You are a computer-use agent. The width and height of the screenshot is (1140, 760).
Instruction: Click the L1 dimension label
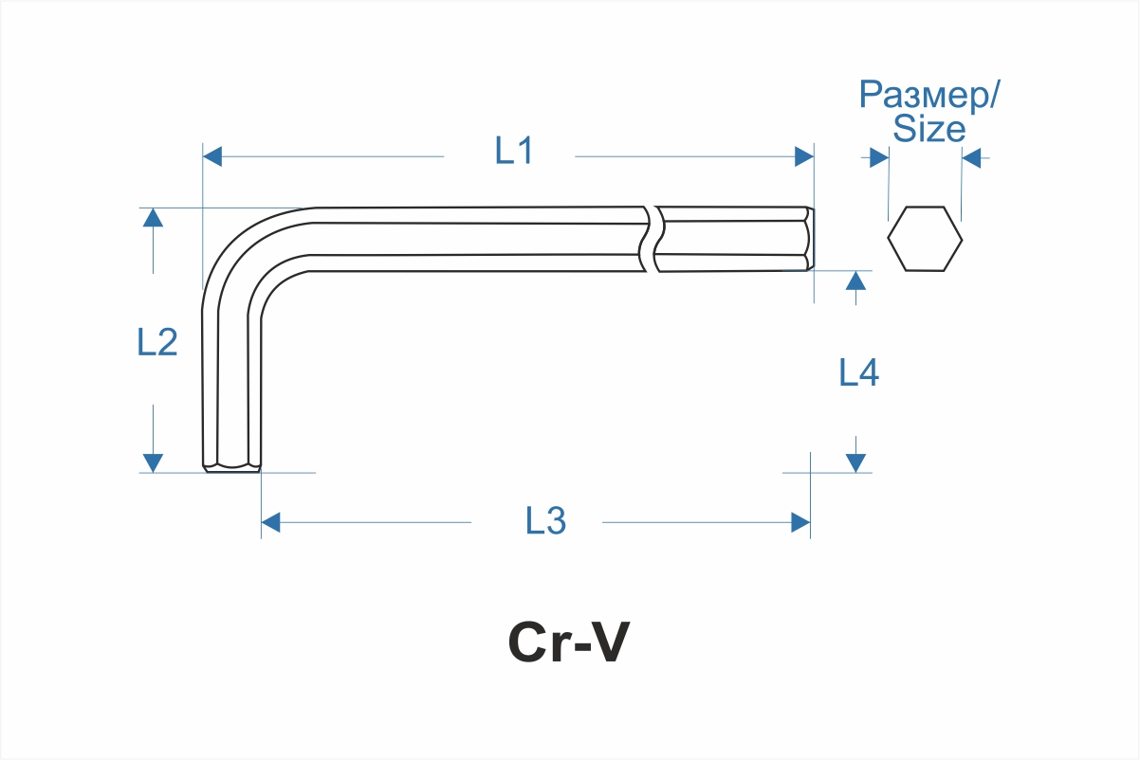tap(514, 152)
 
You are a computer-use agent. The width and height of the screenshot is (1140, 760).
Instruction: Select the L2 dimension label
tap(157, 342)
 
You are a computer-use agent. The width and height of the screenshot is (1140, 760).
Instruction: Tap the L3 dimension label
tap(545, 520)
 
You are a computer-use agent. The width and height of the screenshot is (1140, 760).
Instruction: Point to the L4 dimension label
tap(858, 372)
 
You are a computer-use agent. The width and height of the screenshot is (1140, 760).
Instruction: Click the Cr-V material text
tap(568, 643)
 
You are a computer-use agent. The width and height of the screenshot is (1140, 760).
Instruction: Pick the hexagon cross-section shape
tap(925, 239)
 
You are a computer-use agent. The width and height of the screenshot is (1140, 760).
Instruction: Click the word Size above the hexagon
tap(929, 130)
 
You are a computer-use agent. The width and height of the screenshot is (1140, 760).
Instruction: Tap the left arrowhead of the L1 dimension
tap(213, 156)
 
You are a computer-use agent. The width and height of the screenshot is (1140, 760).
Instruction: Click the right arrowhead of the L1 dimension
tap(804, 156)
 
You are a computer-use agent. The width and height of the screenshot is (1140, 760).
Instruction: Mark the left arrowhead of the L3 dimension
tap(271, 522)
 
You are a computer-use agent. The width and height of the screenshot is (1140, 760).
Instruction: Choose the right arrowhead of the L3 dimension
tap(800, 522)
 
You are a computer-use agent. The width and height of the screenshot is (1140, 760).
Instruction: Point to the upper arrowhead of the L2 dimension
tap(153, 217)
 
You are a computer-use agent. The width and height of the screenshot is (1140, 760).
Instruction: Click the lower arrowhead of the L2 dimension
tap(153, 462)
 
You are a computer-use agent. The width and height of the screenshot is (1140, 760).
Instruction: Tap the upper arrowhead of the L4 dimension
tap(855, 280)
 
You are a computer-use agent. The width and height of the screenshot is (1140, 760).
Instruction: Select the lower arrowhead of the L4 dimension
tap(855, 462)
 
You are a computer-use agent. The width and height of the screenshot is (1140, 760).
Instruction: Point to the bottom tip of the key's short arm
tap(231, 465)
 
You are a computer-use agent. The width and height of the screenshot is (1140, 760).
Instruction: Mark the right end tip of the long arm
tap(809, 239)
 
